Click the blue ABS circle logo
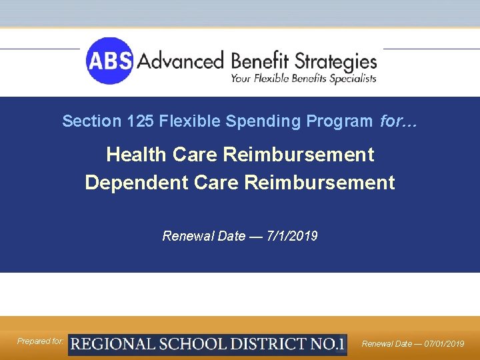coord(109,61)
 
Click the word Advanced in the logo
coord(180,62)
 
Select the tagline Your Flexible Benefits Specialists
coord(303,79)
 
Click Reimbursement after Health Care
coord(299,155)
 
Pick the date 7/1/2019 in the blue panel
coord(292,236)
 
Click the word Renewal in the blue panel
coord(185,236)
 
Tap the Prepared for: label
coord(41,341)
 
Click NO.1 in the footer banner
coord(327,345)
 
